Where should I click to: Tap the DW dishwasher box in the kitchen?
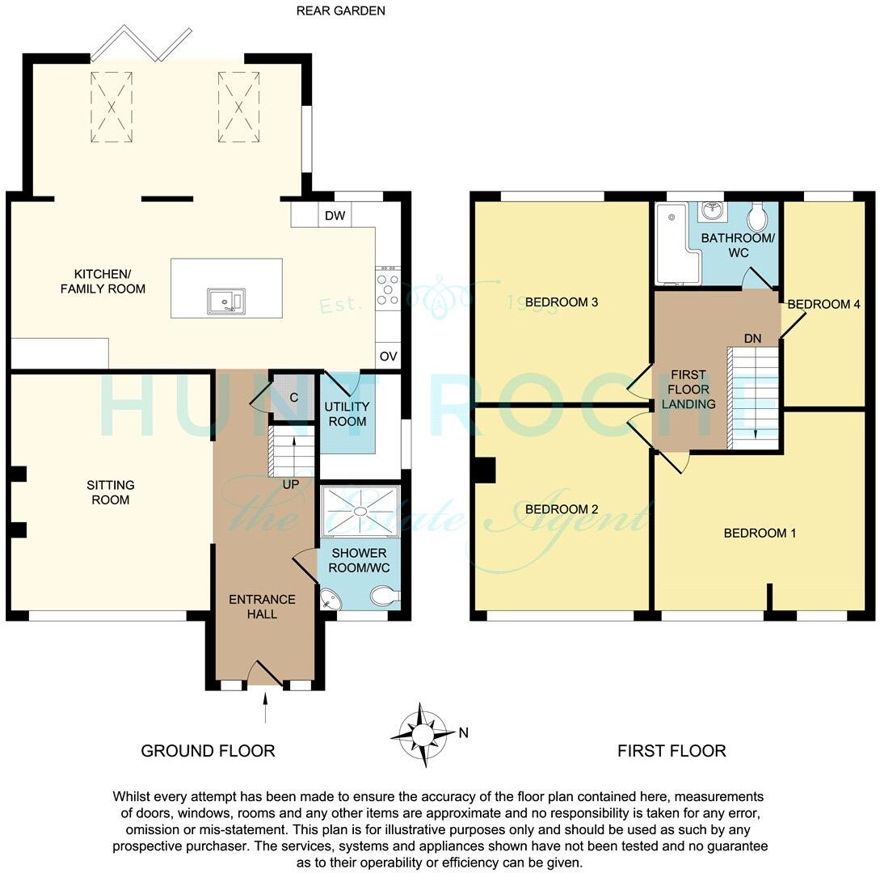pos(334,216)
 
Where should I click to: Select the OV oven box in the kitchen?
pos(387,356)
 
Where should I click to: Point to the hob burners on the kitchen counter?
pos(387,287)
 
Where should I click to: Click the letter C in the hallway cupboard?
pos(293,398)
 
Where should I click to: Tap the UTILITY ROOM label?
pos(347,414)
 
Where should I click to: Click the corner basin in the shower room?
pos(331,599)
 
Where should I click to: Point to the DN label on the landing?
pos(752,339)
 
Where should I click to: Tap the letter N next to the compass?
pos(463,733)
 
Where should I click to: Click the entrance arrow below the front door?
pos(266,711)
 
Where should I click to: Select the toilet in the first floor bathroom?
pos(758,217)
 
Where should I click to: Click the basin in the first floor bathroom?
pos(713,211)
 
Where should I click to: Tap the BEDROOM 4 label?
pos(823,304)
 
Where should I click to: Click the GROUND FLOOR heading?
pos(208,751)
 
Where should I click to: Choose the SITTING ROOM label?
pos(111,492)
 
